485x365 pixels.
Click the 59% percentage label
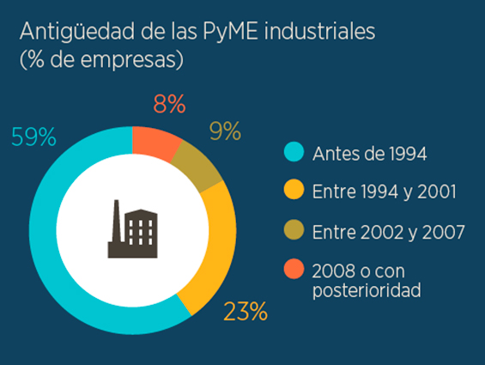point(33,137)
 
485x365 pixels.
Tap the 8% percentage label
point(169,105)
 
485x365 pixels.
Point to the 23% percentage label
point(245,311)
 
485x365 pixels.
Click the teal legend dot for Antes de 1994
point(294,154)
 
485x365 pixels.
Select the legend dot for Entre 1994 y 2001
point(294,192)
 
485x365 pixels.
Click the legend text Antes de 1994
point(369,155)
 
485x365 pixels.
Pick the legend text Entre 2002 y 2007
point(388,232)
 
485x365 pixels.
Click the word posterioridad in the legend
point(367,291)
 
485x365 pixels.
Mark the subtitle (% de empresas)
point(101,61)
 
